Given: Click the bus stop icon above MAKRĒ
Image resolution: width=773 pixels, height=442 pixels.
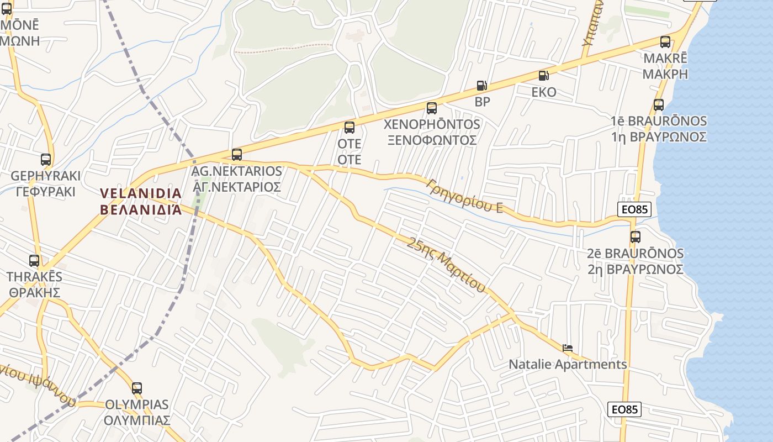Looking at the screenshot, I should coord(665,42).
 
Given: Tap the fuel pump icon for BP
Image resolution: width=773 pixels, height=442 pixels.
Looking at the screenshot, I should coord(481,86).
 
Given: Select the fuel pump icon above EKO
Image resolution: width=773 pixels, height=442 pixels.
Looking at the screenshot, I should coord(544,76).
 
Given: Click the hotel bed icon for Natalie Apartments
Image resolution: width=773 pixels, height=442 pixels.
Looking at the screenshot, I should coord(568,348).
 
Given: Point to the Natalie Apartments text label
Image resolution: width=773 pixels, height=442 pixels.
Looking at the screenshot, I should coord(568,365).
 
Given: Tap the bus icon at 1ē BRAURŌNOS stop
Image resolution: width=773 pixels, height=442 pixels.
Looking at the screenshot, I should coord(658,105).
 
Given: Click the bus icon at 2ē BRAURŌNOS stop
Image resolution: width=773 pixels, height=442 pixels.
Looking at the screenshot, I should coord(636,237).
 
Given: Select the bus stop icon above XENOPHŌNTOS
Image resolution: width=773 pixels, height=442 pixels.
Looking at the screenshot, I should coord(432,108).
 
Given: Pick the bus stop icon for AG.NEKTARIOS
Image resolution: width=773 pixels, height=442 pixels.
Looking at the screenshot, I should coord(237,155).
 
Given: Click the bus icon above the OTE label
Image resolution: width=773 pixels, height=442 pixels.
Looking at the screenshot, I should coord(350,128).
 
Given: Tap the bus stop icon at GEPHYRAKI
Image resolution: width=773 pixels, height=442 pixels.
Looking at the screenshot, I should coord(46,160).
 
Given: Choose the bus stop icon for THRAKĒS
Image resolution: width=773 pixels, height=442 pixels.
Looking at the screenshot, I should coord(34,261).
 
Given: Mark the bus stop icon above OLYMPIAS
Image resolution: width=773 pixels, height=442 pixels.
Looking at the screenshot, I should coord(137,388).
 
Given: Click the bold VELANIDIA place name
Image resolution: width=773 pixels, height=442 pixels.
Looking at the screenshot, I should coord(141,193).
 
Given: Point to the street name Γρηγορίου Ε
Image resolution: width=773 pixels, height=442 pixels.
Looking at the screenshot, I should coord(465,196).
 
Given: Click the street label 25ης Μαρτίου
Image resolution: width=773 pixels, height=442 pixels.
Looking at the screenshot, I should coord(447,265).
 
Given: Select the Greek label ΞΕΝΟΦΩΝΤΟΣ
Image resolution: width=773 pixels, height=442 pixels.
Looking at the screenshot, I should coord(432,140).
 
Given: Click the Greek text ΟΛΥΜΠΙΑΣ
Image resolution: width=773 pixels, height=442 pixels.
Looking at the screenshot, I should coord(137,420).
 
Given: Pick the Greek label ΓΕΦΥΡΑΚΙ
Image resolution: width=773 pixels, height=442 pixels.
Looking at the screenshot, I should coord(46,192).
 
